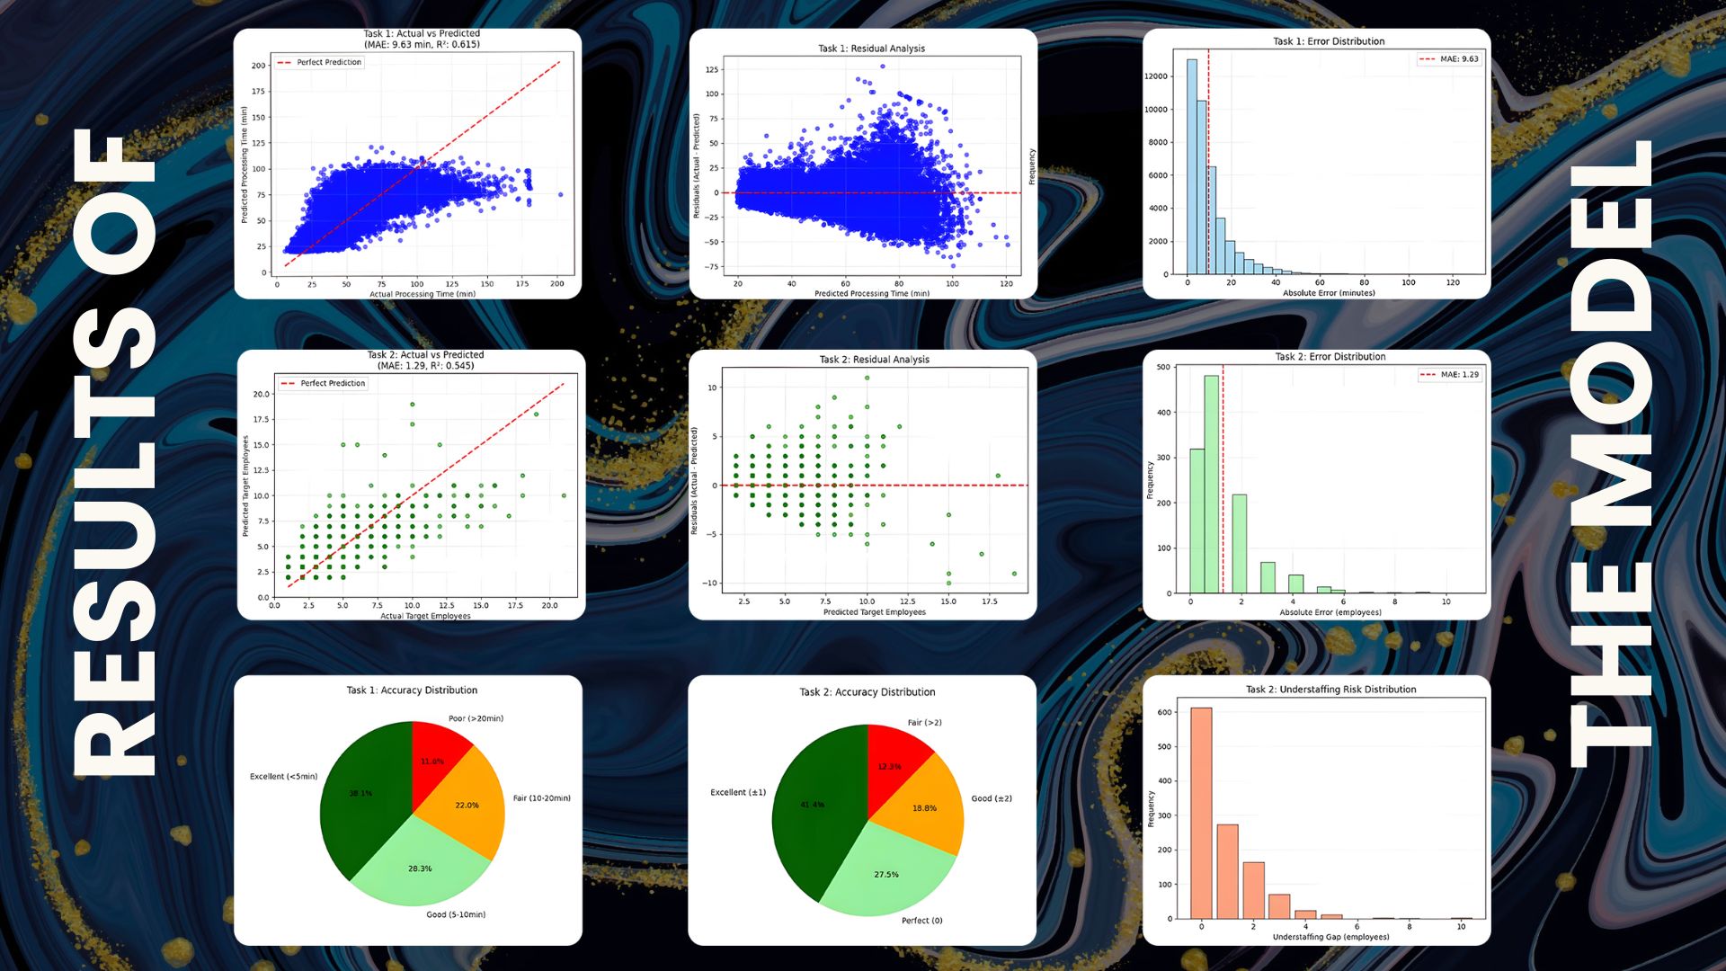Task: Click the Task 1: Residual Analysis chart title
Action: pos(871,49)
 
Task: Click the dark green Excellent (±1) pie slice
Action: pos(814,809)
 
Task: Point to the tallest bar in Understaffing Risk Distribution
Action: pos(1201,813)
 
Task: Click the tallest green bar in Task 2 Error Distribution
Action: pos(1211,485)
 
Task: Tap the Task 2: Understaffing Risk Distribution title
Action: pos(1330,690)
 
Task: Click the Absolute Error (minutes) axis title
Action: pos(1329,293)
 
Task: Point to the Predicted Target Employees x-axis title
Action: pos(874,612)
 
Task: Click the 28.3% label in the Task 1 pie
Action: pos(420,869)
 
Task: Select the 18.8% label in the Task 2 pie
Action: pos(924,808)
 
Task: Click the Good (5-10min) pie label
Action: pos(456,914)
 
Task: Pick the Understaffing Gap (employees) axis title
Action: pos(1330,937)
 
